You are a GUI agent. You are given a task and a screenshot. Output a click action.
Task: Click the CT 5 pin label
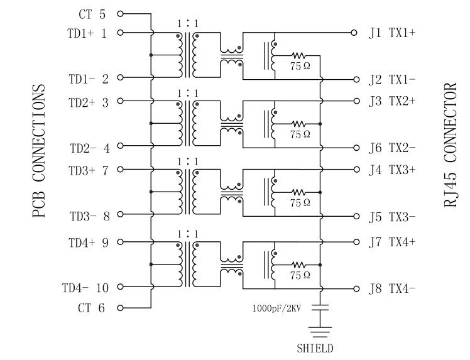coord(92,13)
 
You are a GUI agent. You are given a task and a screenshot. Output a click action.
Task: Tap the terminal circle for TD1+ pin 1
coord(120,32)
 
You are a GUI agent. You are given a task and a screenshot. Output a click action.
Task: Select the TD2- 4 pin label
coord(89,148)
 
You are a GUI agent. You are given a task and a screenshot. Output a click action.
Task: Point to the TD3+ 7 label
coord(89,170)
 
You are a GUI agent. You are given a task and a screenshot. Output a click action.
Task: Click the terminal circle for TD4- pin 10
coord(120,288)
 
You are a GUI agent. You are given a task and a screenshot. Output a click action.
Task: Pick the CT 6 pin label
coord(92,308)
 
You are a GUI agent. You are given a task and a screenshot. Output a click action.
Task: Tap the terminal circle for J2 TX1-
coord(356,79)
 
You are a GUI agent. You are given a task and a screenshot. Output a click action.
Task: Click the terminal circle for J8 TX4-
coord(356,289)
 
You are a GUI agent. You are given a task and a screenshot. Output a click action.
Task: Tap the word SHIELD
coord(315,348)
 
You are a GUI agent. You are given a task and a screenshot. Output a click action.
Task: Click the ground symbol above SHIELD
coord(322,331)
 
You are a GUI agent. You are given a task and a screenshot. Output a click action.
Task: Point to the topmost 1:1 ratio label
coord(187,23)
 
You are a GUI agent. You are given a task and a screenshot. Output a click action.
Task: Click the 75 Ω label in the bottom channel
coord(300,275)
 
